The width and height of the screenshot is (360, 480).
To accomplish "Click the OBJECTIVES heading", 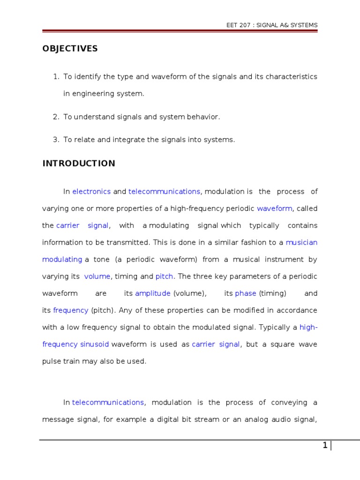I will [70, 49].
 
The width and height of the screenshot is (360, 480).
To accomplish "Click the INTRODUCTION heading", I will [79, 164].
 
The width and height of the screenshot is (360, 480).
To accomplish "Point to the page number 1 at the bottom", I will [325, 446].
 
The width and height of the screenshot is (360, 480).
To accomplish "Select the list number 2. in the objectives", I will [56, 117].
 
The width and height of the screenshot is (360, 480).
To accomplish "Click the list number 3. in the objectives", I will [56, 139].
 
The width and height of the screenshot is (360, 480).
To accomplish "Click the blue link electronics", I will [91, 191].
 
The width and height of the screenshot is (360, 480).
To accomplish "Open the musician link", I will [301, 242].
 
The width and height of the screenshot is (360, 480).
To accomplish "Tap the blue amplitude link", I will [153, 293].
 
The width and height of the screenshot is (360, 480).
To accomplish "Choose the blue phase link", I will [246, 293].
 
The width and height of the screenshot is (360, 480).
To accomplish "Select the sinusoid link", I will [95, 344].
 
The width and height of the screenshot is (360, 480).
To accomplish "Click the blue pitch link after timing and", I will [165, 277].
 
